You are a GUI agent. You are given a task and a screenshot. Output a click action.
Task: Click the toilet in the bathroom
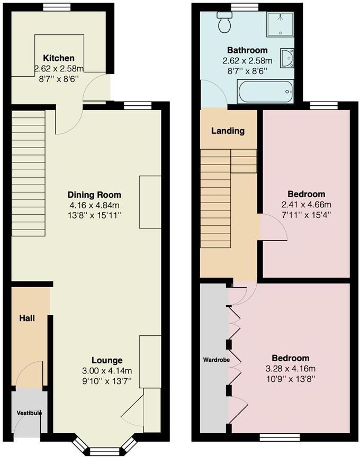[x=224, y=22]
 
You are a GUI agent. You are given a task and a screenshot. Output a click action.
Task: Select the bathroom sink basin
[x=286, y=58]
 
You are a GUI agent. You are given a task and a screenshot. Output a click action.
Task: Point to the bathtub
[x=265, y=92]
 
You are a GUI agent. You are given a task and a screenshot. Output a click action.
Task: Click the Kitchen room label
[x=59, y=58]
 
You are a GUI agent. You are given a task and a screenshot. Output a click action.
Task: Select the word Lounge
[x=106, y=361]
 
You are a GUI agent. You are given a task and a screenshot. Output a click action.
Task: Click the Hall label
[x=27, y=318]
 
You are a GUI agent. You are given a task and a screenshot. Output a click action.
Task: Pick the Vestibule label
[x=29, y=413]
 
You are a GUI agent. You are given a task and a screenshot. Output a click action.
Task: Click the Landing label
[x=228, y=131]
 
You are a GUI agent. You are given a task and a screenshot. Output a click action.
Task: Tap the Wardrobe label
[x=215, y=360]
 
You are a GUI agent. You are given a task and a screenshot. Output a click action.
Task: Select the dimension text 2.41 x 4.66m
[x=307, y=205]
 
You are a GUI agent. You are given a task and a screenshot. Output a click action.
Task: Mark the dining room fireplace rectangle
[x=150, y=202]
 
